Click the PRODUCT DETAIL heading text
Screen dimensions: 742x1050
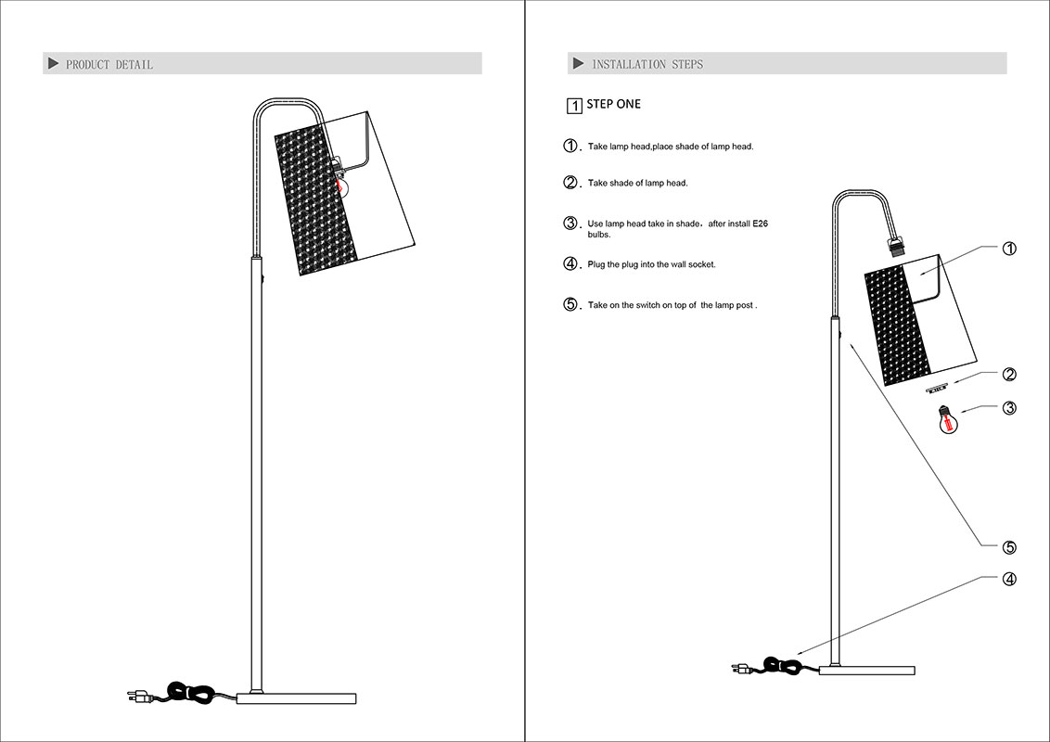coord(109,64)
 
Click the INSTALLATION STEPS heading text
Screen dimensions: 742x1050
coord(647,64)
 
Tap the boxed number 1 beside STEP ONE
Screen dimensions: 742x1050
coord(574,106)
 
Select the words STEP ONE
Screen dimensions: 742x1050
coord(613,104)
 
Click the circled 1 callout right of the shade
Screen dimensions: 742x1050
coord(1009,249)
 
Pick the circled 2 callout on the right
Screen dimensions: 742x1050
coord(1009,375)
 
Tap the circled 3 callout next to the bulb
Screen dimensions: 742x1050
coord(1009,407)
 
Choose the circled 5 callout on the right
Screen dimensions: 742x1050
coord(1009,547)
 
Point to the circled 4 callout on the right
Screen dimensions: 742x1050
coord(1009,580)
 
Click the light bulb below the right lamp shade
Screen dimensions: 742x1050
coord(947,422)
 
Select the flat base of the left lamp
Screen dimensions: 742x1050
coord(297,697)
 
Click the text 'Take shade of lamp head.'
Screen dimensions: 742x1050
coord(637,184)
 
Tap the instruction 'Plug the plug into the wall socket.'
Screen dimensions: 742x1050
coord(651,265)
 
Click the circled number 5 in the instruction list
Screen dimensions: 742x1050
coord(571,304)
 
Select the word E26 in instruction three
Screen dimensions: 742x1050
coord(760,224)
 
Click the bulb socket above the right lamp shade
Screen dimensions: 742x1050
coord(896,248)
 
